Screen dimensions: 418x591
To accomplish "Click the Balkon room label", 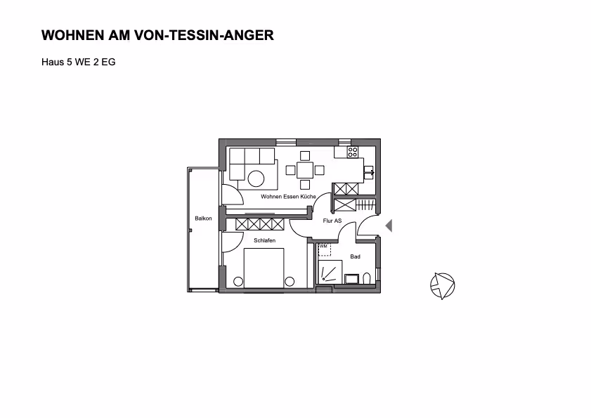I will (x=204, y=218).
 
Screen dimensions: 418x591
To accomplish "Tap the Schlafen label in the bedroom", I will (x=264, y=241).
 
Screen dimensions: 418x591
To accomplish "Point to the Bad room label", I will (x=355, y=257).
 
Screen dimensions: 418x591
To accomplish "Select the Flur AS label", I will (x=332, y=221).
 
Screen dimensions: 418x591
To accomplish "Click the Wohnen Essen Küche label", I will (x=288, y=197).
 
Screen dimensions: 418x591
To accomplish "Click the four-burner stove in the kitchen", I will (x=353, y=151).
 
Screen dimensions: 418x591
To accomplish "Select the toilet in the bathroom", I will (x=366, y=279).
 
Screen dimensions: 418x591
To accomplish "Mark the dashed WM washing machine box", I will (x=324, y=249).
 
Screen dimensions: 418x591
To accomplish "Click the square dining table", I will (x=304, y=169).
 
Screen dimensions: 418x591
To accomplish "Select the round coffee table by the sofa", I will (x=255, y=178).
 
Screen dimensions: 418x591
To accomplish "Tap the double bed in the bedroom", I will (x=264, y=268).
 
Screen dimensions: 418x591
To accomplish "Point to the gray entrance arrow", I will (x=389, y=226).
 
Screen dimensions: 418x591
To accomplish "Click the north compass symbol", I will (x=442, y=285).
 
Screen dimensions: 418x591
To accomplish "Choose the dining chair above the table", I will (x=304, y=155).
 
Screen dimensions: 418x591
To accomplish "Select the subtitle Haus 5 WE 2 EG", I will (x=79, y=62).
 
